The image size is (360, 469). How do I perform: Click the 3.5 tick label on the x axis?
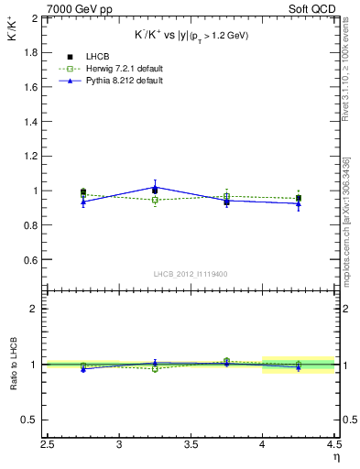[191, 446]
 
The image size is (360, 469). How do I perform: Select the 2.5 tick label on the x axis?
[49, 446]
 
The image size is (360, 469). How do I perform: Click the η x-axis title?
[335, 457]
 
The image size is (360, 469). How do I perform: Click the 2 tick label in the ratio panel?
[36, 309]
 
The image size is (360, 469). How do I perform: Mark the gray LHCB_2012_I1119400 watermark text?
[191, 274]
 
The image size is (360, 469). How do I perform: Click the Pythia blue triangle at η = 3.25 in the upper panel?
[155, 188]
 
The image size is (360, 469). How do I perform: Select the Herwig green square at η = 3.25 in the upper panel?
[155, 200]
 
